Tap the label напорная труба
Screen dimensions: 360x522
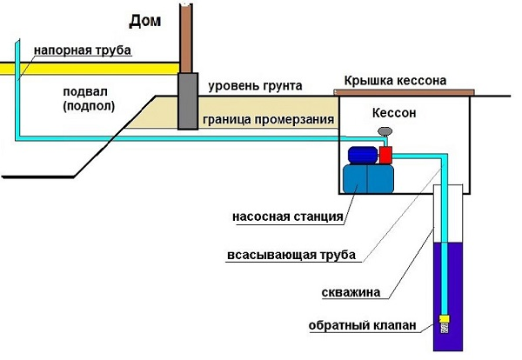[83, 50]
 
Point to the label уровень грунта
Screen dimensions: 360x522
[256, 86]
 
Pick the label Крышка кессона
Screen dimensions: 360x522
[395, 80]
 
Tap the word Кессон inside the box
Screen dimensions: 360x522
[400, 114]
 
